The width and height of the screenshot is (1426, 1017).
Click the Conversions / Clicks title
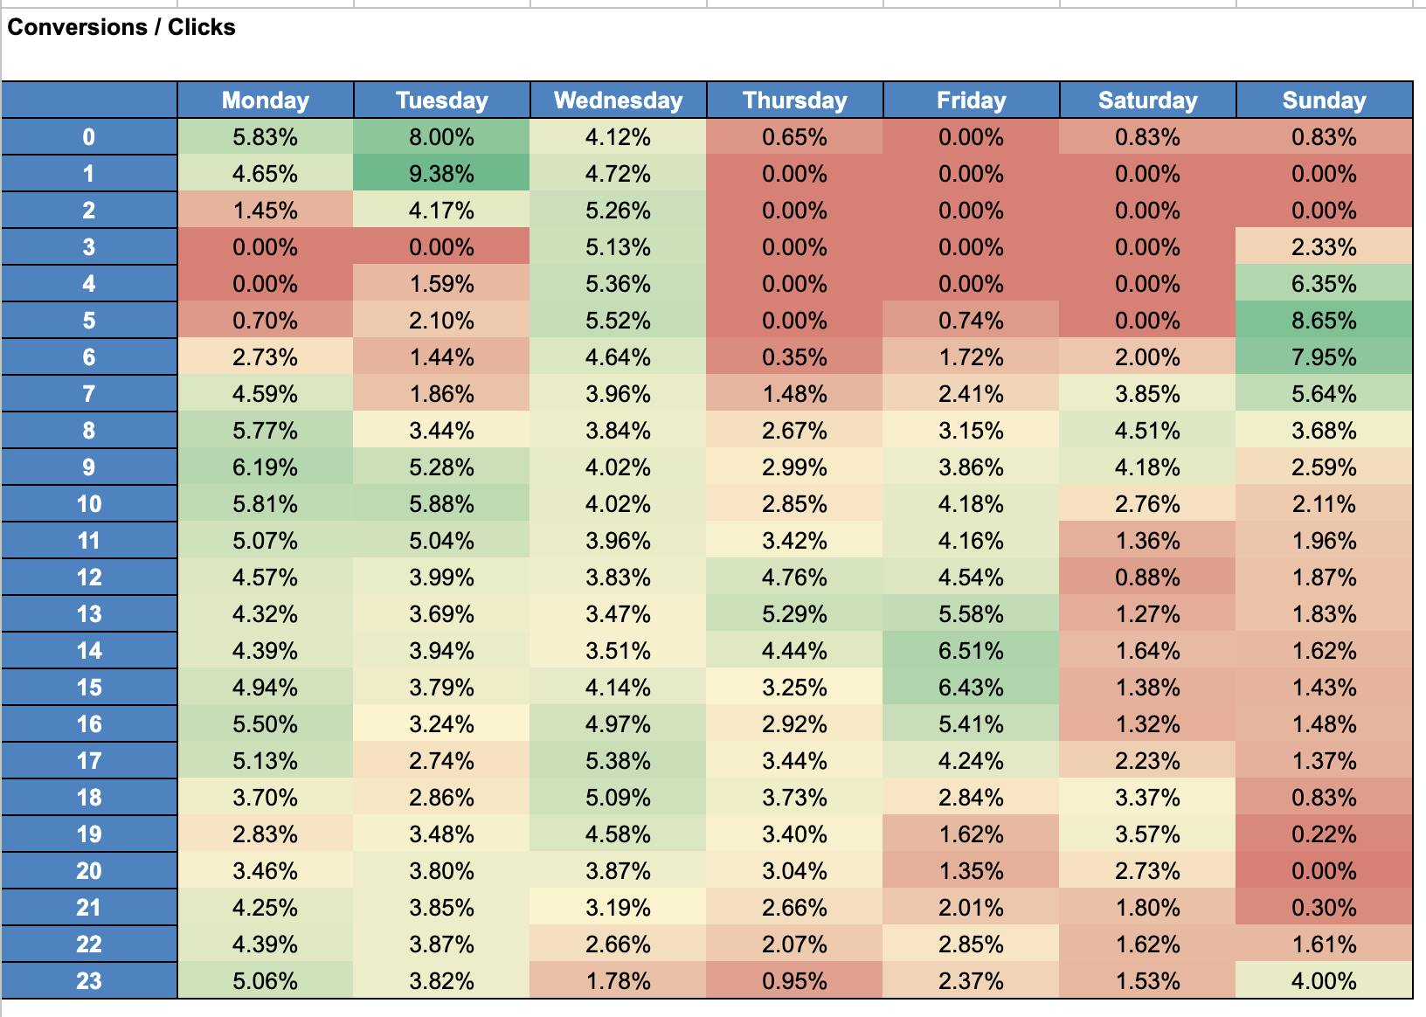coord(121,27)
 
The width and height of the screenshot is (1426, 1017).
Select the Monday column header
coord(266,100)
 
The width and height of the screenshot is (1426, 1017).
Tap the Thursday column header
coord(794,100)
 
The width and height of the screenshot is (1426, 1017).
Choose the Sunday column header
coord(1324,100)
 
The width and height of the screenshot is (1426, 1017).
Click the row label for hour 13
coord(89,614)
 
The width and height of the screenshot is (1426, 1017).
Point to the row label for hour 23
coord(89,981)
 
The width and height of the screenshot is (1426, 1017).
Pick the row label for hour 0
coord(89,137)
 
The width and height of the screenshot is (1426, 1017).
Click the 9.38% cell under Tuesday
coord(441,174)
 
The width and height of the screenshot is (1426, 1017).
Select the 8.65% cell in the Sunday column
coord(1324,321)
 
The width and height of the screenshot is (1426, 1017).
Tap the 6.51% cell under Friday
coord(971,651)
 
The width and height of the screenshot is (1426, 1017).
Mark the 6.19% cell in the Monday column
coord(266,467)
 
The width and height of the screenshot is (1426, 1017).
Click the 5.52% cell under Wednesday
coord(618,321)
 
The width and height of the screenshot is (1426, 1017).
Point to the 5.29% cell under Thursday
coord(794,614)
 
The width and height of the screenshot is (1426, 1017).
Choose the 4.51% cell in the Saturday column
coord(1147,431)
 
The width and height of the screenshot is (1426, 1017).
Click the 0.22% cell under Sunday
coord(1324,834)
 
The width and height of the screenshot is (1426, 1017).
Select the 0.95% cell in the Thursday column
coord(794,981)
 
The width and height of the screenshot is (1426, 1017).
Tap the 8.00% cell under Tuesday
coord(441,137)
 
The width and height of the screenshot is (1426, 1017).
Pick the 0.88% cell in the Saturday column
coord(1147,578)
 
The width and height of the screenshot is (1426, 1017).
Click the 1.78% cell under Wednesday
coord(618,981)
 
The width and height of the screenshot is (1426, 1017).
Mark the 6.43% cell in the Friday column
coord(971,688)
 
